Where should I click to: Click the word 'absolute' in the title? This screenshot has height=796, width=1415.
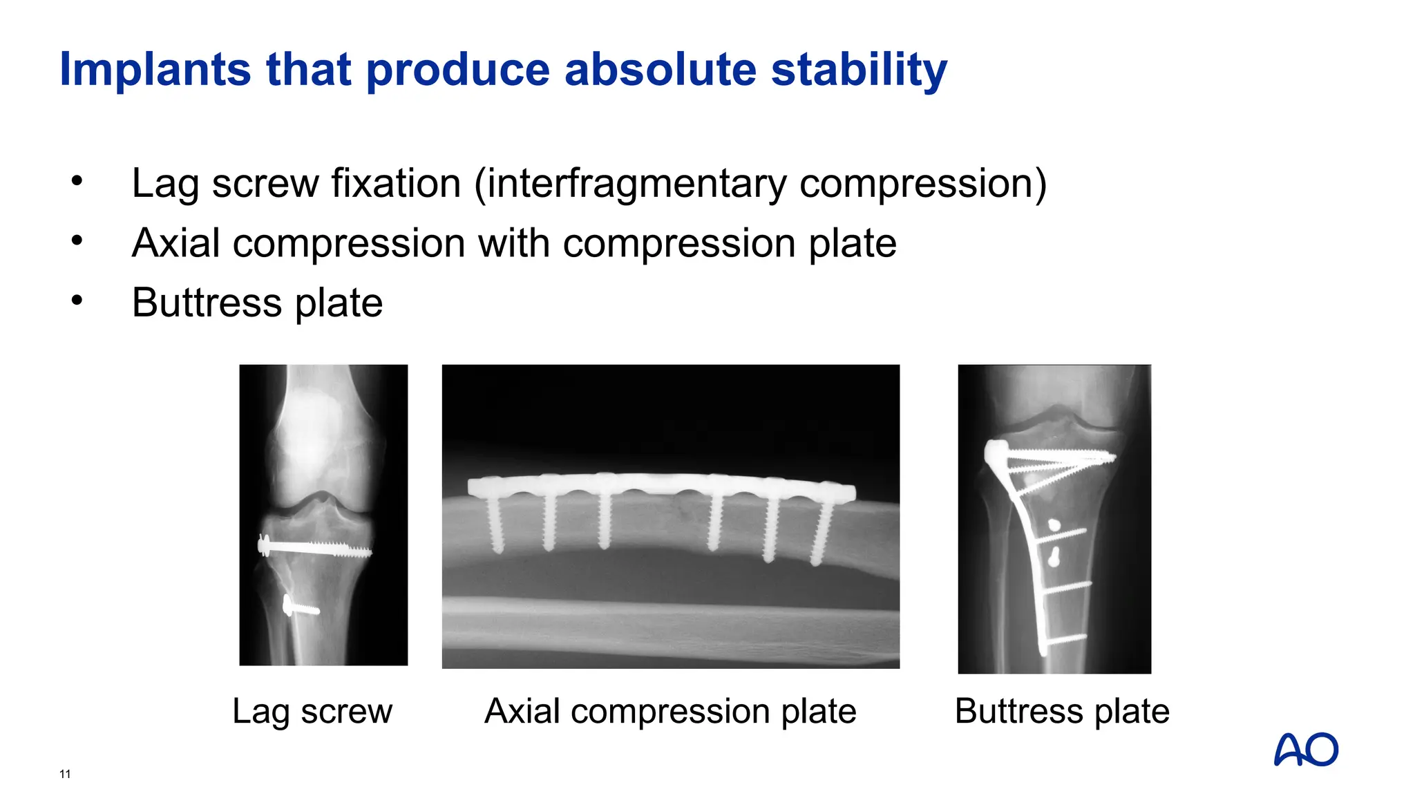coord(660,70)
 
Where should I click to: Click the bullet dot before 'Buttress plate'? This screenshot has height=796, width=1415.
coord(77,300)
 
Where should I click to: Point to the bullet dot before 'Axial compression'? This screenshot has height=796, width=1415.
coord(77,240)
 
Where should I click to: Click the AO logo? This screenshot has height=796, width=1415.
coord(1306,750)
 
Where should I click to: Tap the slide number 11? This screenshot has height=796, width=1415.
coord(65,774)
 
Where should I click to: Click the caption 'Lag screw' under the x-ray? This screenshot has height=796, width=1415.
coord(312,711)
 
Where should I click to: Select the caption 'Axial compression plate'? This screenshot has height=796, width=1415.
coord(670,711)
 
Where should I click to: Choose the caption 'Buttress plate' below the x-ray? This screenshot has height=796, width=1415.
coord(1062,711)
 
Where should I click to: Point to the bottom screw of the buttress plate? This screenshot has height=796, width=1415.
coord(1064,640)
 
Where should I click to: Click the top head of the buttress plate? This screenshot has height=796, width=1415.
coord(996,451)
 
